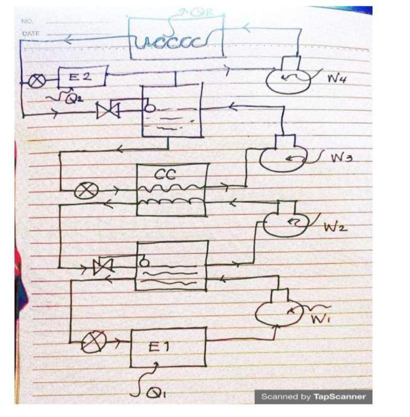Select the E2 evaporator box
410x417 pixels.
[82, 77]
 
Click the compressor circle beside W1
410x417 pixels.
[276, 312]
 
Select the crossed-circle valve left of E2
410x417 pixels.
[37, 81]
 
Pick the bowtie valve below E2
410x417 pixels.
[108, 110]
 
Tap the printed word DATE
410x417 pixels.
[30, 33]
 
